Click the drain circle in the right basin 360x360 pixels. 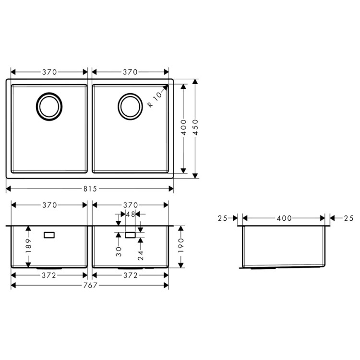click(130, 106)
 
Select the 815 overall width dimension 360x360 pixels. click(90, 189)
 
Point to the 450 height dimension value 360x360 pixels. click(195, 129)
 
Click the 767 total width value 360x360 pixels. click(90, 286)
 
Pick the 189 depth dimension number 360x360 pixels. click(28, 247)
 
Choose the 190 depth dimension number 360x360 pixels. click(181, 246)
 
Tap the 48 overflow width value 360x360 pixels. click(130, 215)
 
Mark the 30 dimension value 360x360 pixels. click(118, 252)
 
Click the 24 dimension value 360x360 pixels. click(140, 255)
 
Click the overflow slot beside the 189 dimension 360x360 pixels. click(49, 235)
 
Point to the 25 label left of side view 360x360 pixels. click(222, 218)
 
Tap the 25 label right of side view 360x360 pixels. click(348, 218)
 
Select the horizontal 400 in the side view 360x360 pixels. click(284, 218)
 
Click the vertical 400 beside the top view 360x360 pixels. click(183, 129)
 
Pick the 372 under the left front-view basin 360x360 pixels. click(49, 276)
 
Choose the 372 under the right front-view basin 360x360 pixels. click(130, 276)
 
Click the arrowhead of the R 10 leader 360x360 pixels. click(166, 87)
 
